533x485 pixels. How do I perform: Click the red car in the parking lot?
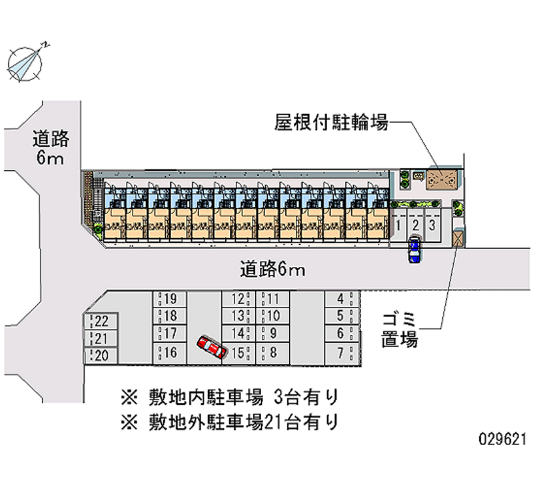[x=211, y=348]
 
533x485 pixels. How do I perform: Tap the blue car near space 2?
[x=414, y=250]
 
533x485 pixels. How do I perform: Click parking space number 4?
[x=342, y=299]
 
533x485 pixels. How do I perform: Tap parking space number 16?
[x=170, y=352]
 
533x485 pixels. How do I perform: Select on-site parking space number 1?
[x=398, y=225]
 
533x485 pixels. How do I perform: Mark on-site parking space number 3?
[x=433, y=225]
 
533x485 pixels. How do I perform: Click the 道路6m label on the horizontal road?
[x=272, y=270]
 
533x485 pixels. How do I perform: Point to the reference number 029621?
[x=503, y=442]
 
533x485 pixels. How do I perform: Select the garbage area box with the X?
[x=458, y=238]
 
